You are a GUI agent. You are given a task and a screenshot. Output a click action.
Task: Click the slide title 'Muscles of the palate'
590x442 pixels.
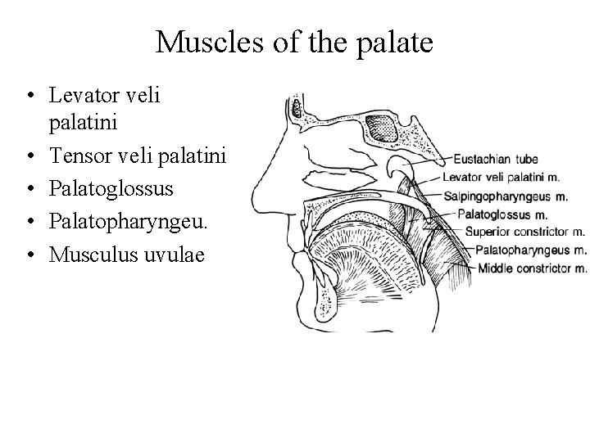pos(294,43)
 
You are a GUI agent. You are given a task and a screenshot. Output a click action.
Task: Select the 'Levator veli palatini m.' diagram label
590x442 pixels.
pos(501,177)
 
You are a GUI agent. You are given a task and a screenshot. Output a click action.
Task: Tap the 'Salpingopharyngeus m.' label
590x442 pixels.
pos(506,196)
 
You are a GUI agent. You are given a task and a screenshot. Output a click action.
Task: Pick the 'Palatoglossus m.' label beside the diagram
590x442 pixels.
pos(501,214)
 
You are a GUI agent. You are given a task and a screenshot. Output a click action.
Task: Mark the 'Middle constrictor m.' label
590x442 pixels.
pos(532,267)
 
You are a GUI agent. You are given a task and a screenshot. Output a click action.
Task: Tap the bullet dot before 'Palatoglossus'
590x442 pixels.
pos(29,188)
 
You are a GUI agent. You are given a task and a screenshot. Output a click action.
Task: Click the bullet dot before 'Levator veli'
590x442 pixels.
pos(29,96)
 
